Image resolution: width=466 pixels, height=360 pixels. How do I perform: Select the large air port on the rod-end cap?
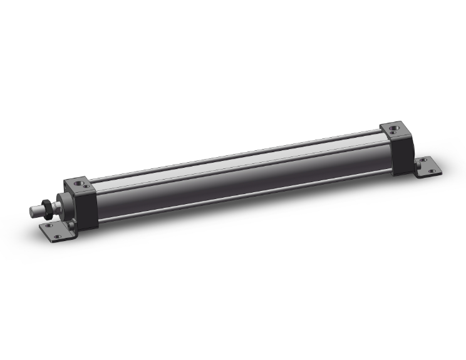pyautogui.click(x=79, y=183)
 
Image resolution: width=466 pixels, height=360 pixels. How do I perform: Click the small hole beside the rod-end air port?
pyautogui.click(x=86, y=187)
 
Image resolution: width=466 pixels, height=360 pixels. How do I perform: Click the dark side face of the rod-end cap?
pyautogui.click(x=86, y=210)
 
